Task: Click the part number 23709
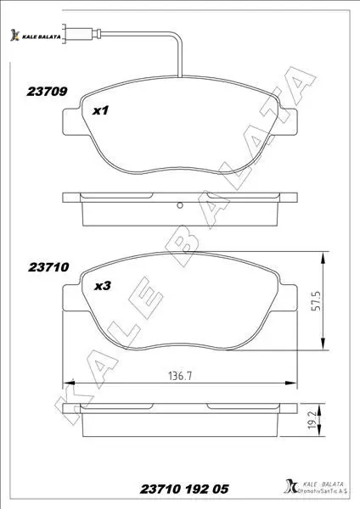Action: (47, 92)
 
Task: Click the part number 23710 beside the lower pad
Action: (48, 267)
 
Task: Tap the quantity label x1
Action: (100, 110)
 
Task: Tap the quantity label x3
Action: (103, 286)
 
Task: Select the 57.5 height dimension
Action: (316, 301)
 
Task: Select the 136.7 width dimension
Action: (180, 376)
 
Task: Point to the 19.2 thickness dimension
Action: (312, 420)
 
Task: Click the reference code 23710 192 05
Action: (184, 489)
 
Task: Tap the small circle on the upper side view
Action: (180, 205)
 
